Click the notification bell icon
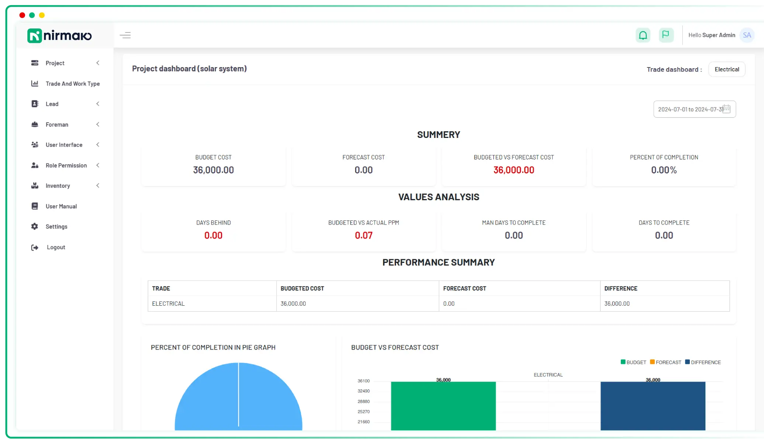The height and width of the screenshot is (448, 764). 643,35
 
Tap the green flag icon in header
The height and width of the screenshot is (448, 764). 666,35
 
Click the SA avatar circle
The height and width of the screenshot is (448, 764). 747,35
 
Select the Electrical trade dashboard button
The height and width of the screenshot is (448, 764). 726,69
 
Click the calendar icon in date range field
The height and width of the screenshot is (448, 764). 726,109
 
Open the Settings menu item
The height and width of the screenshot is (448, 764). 56,227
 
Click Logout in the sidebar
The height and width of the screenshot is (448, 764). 56,247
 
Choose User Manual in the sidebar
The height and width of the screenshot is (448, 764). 61,206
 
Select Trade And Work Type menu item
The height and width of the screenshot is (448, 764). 72,84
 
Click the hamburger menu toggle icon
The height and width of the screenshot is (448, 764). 125,35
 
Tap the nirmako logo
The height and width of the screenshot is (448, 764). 59,36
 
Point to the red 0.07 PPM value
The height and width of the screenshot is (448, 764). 364,236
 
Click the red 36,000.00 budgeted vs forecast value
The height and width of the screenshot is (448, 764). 513,170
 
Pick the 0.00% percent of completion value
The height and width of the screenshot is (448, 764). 664,170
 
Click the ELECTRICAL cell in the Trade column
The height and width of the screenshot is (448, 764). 168,304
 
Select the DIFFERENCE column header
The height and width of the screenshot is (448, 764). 620,289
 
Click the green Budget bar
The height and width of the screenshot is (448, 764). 443,406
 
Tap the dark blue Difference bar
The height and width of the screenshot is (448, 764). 653,406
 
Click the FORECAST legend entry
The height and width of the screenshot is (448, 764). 665,362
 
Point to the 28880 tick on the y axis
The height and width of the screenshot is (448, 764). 364,402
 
